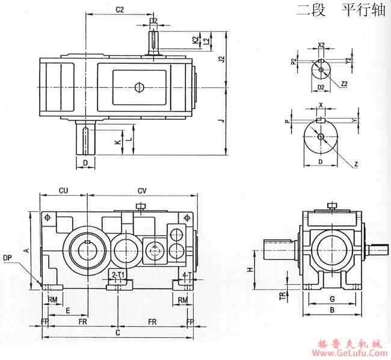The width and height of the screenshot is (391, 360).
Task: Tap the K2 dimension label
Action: (x=195, y=40)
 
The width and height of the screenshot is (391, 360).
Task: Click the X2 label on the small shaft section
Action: (x=321, y=45)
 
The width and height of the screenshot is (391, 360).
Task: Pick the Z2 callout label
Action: (x=343, y=84)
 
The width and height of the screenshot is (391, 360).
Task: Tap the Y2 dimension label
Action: (x=348, y=61)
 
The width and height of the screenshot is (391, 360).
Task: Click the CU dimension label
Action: (x=63, y=190)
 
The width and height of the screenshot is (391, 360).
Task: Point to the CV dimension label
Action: (x=142, y=190)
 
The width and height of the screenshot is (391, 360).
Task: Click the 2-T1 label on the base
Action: (x=119, y=275)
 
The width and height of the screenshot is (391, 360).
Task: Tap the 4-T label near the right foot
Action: (x=186, y=275)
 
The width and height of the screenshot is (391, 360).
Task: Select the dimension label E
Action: (x=67, y=311)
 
